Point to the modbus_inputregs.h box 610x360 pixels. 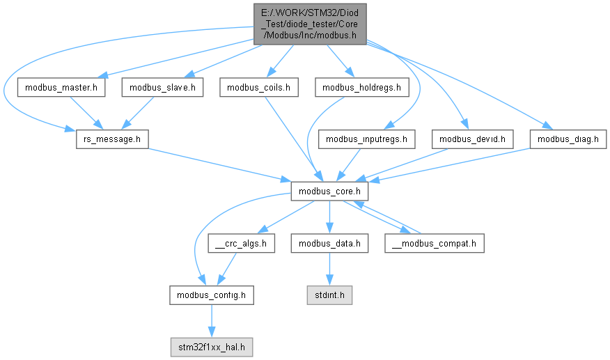point(367,139)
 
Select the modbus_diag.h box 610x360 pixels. point(568,139)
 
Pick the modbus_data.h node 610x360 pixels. point(329,243)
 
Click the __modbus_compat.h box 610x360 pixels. point(434,243)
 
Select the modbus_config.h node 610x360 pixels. point(211,295)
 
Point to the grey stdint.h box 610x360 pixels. point(330,295)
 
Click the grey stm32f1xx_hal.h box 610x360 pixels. point(211,347)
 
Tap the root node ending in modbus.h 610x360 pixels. point(311,23)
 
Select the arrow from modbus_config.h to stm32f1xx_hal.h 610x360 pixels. point(211,321)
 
